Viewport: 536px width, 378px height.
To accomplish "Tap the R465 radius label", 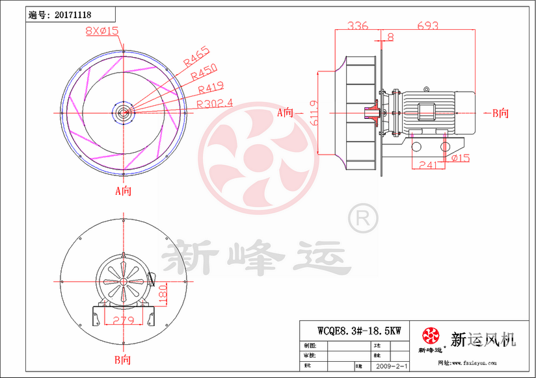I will (196, 57).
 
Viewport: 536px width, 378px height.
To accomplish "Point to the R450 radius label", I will (204, 73).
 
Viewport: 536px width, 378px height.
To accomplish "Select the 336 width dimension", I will (357, 26).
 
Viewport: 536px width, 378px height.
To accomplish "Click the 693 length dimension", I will (427, 26).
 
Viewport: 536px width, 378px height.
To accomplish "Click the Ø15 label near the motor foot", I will (460, 158).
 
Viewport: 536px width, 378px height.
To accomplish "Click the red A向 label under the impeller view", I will (123, 190).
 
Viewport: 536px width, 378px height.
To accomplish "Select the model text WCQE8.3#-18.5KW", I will (359, 330).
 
